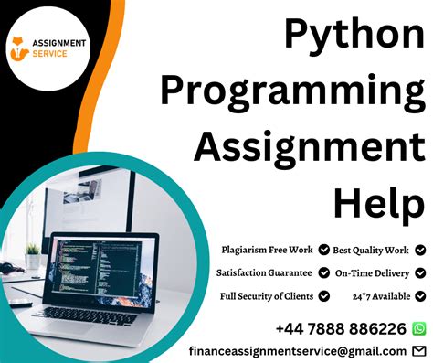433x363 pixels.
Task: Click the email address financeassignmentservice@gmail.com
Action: point(298,351)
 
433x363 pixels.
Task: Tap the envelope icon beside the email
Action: point(419,351)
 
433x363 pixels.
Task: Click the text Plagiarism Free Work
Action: point(267,249)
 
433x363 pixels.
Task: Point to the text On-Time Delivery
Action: point(373,272)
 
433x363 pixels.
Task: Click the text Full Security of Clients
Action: point(268,296)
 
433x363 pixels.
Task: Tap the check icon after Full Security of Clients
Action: point(322,296)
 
